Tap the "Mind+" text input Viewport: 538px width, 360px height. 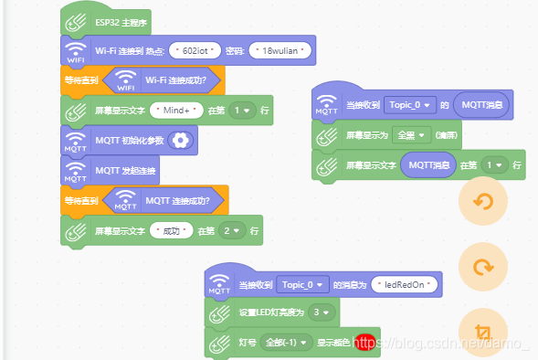click(x=178, y=111)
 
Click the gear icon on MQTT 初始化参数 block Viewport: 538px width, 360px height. click(x=182, y=140)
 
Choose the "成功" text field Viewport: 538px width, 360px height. click(x=173, y=230)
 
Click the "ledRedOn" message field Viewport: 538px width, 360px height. click(x=406, y=284)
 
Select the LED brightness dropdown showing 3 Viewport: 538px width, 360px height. click(x=321, y=313)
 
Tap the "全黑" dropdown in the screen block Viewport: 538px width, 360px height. click(x=409, y=135)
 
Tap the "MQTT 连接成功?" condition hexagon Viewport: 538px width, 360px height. click(x=164, y=200)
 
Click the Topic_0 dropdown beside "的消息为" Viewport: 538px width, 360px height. click(x=301, y=284)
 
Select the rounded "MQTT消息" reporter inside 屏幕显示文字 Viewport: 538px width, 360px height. click(x=428, y=165)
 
